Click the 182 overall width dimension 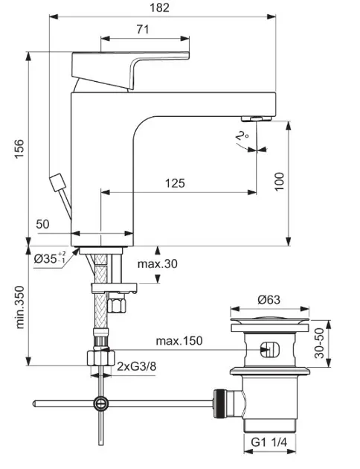tap(159, 7)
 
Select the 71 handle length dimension tap(143, 29)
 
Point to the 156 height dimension tap(19, 149)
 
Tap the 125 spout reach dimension tap(175, 183)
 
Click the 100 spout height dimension tap(280, 182)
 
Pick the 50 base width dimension tap(42, 224)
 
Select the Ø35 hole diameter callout tap(50, 258)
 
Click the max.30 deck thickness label tap(158, 264)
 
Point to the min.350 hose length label tap(19, 307)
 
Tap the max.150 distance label tap(179, 341)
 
